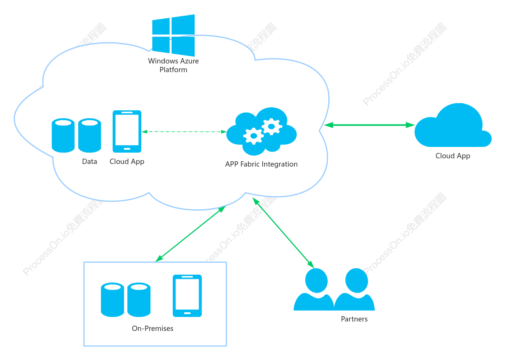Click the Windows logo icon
point(173,35)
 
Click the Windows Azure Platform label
point(173,65)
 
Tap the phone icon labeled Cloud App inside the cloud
point(127,131)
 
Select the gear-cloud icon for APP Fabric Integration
point(262,131)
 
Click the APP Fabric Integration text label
point(261,164)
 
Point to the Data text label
point(90,161)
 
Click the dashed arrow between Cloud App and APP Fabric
point(184,131)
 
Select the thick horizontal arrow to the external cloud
point(369,125)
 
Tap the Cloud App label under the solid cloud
point(453,156)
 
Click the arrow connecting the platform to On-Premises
point(190,234)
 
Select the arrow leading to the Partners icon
point(283,233)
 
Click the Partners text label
point(354,319)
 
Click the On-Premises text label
point(153,328)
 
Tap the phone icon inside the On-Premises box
point(187,296)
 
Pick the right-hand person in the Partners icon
point(354,289)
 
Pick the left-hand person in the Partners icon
point(314,289)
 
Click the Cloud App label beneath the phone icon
point(127,162)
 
